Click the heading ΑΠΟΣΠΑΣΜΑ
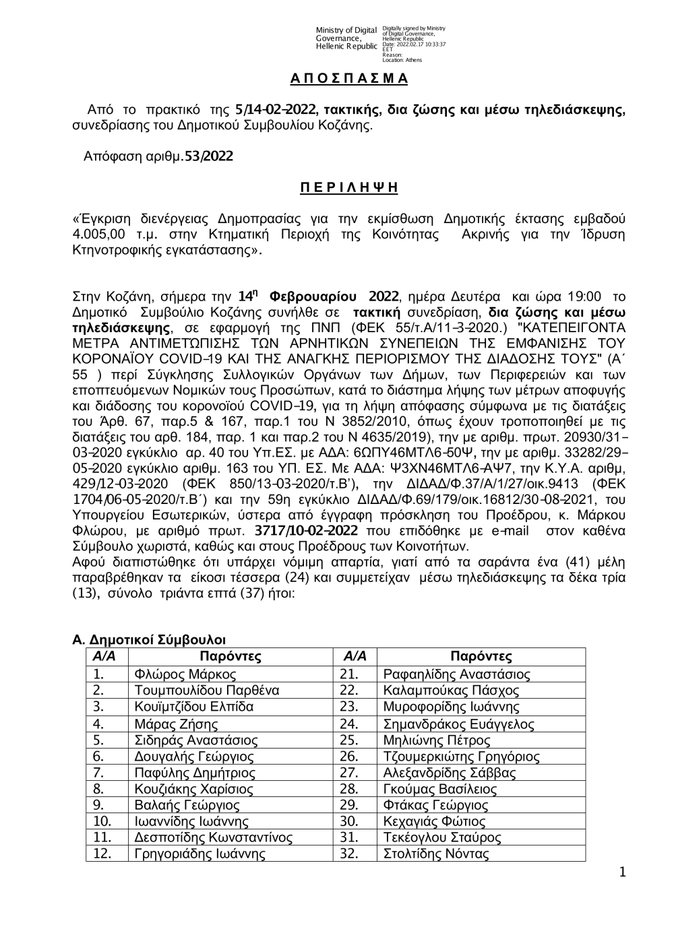(349, 79)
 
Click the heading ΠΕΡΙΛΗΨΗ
(348, 187)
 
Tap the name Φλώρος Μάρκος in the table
(185, 674)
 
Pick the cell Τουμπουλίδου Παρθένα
(207, 690)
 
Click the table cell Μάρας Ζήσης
(176, 724)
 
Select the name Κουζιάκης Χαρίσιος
(194, 789)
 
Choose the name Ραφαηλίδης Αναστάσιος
(456, 674)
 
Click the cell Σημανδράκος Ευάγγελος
(458, 724)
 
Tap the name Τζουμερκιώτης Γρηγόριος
(461, 757)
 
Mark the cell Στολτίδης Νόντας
(435, 854)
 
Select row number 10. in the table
(102, 821)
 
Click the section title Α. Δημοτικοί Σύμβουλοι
(149, 639)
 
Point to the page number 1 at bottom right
(622, 872)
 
